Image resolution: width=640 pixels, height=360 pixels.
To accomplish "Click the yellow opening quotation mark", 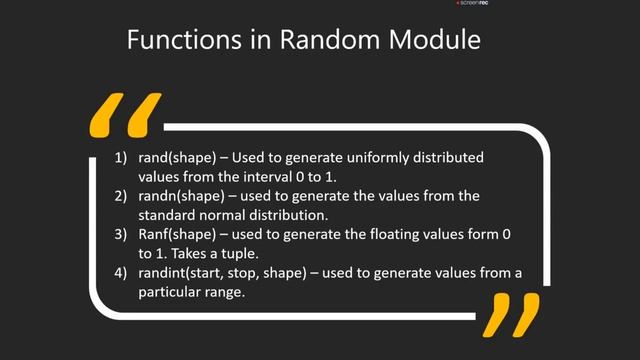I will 125,114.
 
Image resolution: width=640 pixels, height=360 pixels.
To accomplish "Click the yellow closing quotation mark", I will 510,314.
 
